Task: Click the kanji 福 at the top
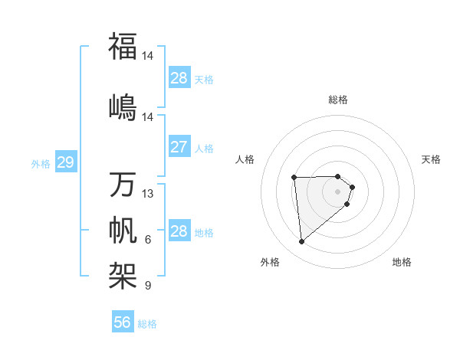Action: click(x=123, y=46)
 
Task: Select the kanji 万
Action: click(x=123, y=185)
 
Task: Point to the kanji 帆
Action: click(x=123, y=230)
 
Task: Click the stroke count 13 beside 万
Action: click(x=148, y=194)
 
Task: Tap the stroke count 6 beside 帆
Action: click(x=148, y=241)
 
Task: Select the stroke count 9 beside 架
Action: click(x=148, y=286)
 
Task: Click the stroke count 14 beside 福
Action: click(x=148, y=55)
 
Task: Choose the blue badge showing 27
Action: click(x=179, y=147)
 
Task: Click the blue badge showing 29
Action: click(x=65, y=162)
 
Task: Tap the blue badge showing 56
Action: click(x=123, y=322)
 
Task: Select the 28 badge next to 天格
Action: click(x=179, y=78)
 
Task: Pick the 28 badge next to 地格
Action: click(x=179, y=231)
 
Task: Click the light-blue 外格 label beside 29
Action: click(x=41, y=164)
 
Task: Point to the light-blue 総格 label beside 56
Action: click(x=147, y=324)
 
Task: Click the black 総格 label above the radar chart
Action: click(x=338, y=100)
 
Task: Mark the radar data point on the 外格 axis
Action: click(x=301, y=242)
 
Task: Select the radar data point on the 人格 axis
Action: click(x=294, y=178)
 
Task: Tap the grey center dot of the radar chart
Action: click(x=338, y=191)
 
